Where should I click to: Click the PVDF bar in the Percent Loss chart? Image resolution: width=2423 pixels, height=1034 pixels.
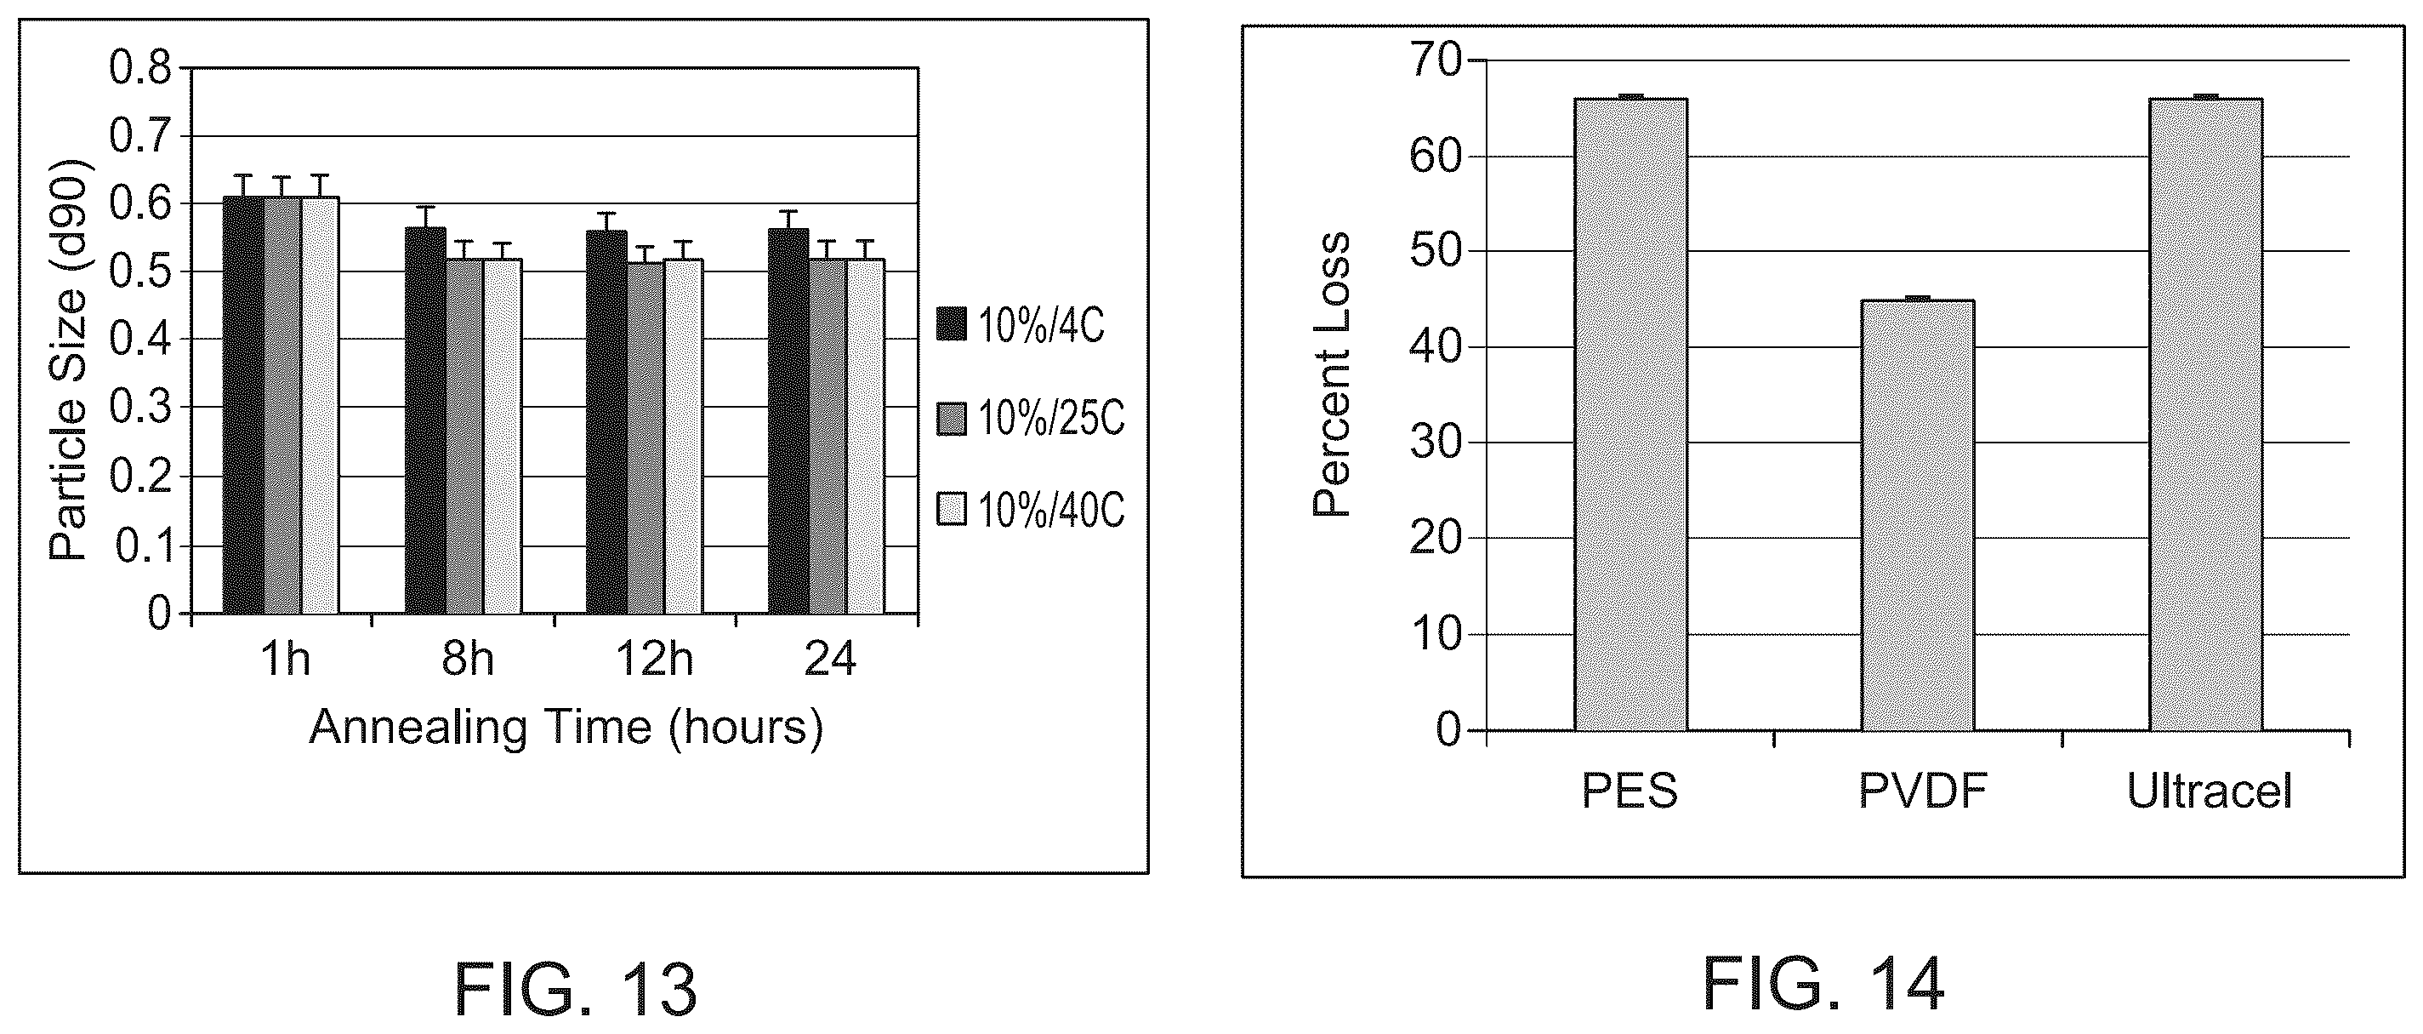(1917, 515)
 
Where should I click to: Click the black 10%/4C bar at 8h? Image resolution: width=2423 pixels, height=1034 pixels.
(425, 420)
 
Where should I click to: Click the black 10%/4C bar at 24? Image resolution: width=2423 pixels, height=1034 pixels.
(788, 421)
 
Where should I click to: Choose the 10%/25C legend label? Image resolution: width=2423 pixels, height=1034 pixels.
(1050, 418)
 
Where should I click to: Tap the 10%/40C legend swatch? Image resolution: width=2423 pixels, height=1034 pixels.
(952, 509)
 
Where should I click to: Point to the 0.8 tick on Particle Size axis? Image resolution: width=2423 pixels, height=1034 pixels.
(140, 69)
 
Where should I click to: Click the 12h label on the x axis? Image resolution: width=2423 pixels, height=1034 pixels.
(654, 659)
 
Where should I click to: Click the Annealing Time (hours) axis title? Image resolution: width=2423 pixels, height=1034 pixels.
(566, 728)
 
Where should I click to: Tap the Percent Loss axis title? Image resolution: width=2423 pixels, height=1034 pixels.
(1331, 374)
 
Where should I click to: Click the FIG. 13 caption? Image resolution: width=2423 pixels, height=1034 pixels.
(575, 990)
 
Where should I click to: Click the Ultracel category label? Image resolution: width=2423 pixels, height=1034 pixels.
(2210, 791)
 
